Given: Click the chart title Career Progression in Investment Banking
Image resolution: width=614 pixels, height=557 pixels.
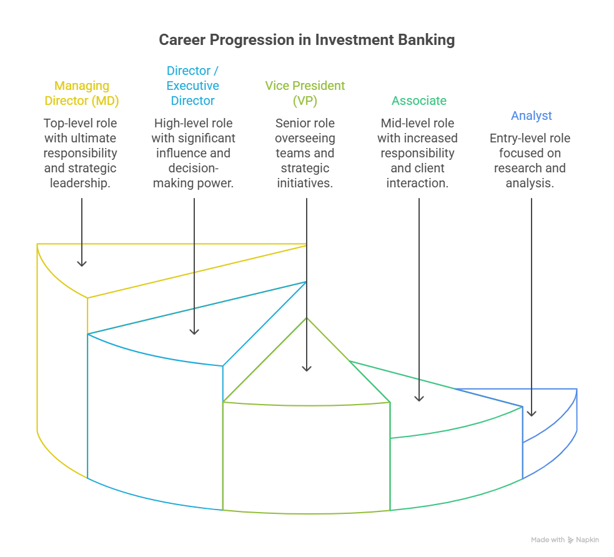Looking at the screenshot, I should [x=307, y=41].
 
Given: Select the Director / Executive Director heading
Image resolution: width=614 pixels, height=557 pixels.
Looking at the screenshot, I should [x=192, y=86].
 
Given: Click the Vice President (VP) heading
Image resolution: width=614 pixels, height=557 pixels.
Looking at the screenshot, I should [x=305, y=93].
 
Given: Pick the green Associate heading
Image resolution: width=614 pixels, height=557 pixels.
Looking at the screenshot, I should [x=418, y=101].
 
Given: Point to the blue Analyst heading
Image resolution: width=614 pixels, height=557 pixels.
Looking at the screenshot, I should [x=531, y=116].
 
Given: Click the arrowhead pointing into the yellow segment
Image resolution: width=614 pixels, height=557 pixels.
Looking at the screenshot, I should [x=82, y=263].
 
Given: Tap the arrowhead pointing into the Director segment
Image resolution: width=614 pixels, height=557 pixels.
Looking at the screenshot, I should [x=194, y=330].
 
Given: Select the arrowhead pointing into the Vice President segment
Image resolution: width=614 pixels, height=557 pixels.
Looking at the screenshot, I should [x=306, y=368].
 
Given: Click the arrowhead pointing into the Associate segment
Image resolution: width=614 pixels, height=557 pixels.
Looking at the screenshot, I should [x=418, y=397].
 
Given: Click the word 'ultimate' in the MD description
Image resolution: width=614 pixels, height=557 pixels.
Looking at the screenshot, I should [x=94, y=138].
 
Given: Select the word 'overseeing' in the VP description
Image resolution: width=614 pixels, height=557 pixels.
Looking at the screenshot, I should [x=305, y=138].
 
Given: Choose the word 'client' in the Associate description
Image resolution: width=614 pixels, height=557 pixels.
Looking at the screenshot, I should [x=429, y=168].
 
